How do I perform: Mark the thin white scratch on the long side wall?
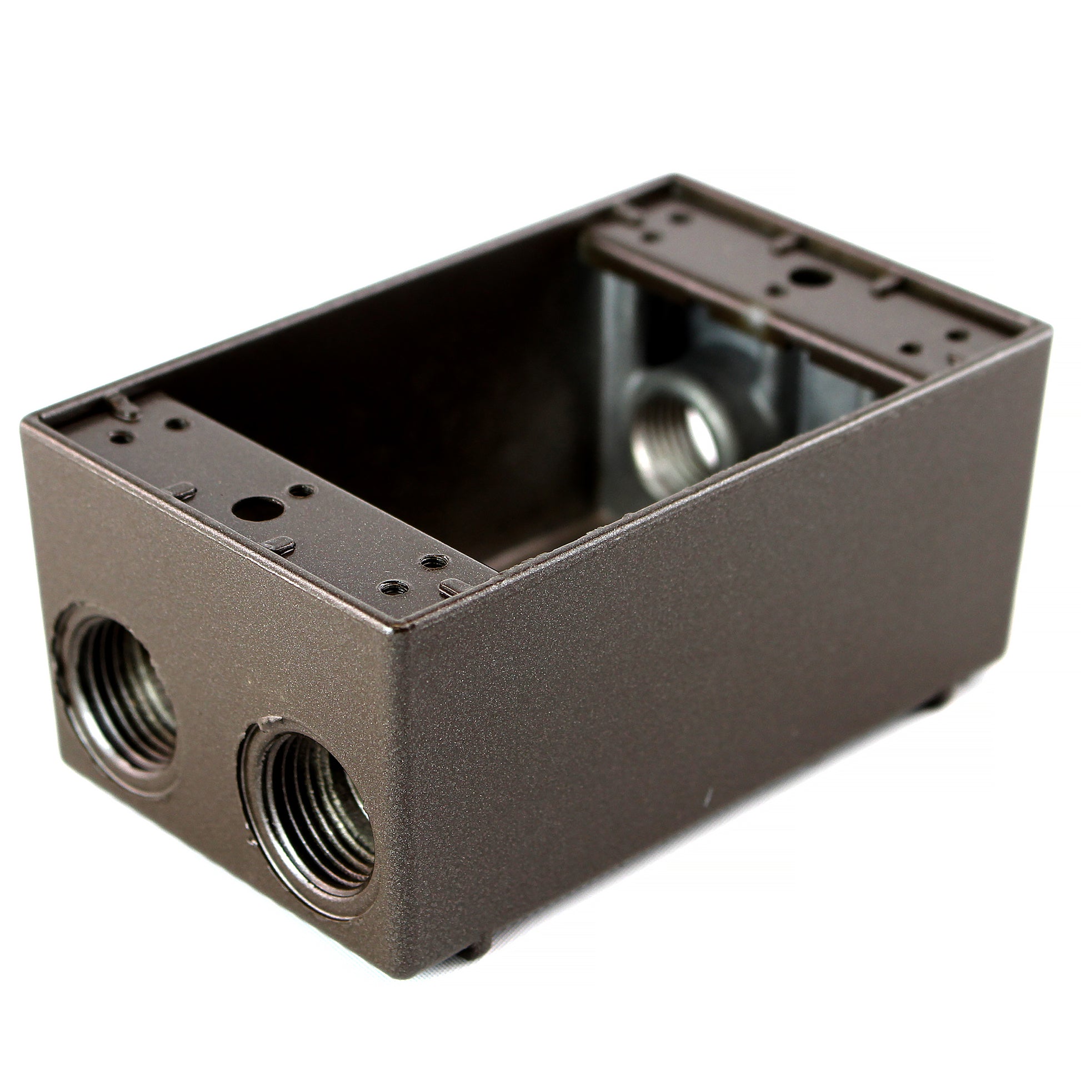pos(709,796)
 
